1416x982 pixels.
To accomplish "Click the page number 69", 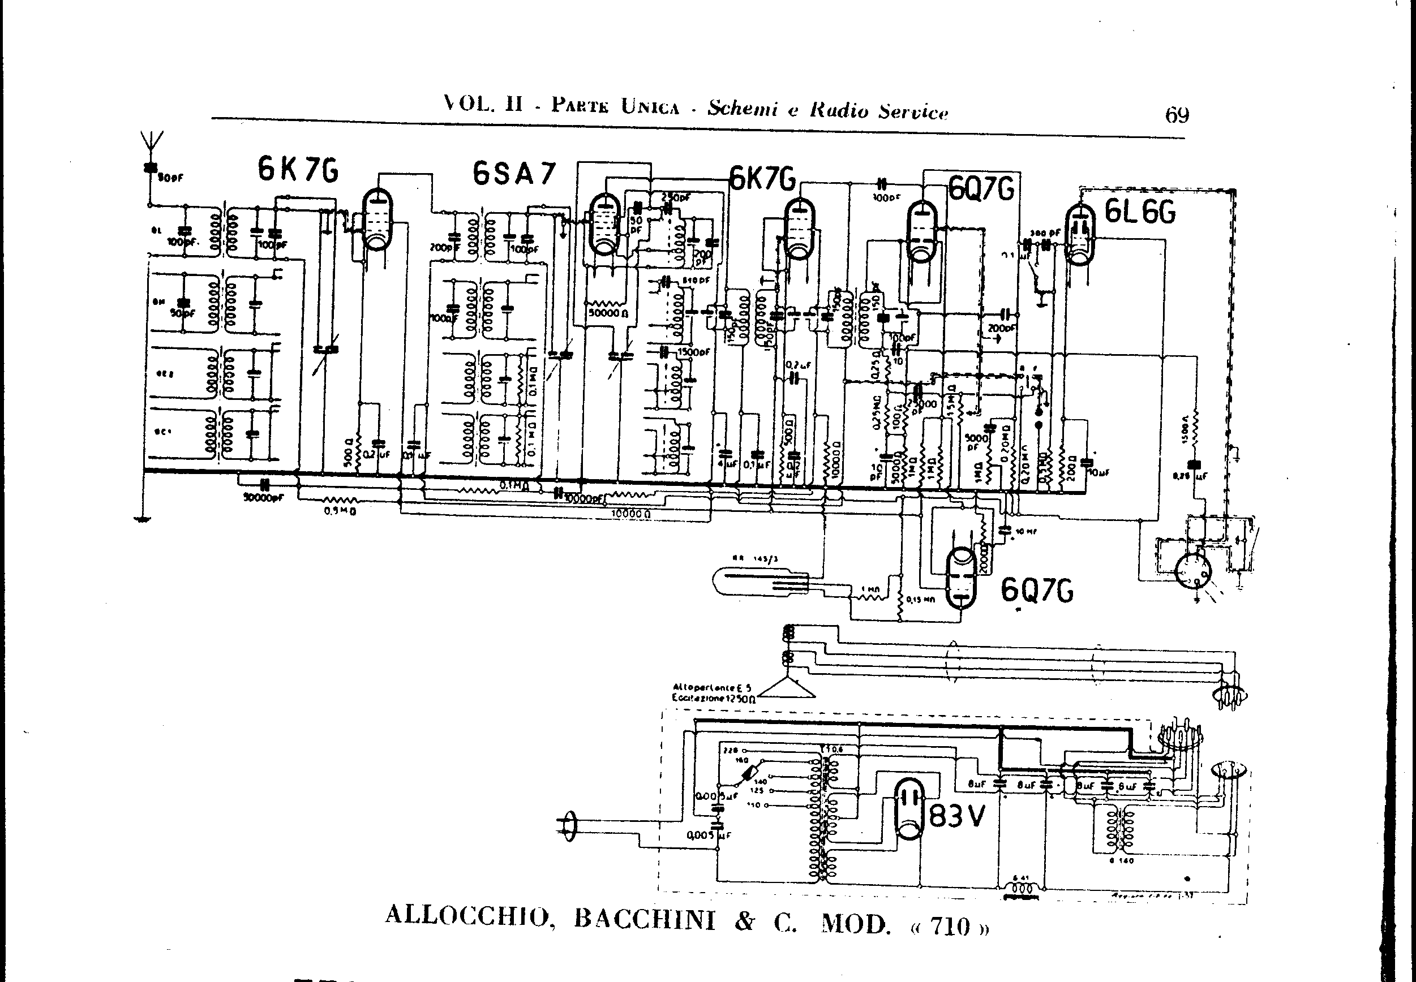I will (x=1177, y=115).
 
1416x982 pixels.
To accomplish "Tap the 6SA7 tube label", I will (x=514, y=174).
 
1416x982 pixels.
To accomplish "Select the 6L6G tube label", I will (x=1140, y=213).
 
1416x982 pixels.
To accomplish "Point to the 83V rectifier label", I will (x=956, y=816).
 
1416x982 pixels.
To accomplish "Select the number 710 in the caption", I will (x=951, y=926).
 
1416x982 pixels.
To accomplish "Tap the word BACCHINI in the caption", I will (x=645, y=919).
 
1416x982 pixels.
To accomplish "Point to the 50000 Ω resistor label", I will (x=608, y=313).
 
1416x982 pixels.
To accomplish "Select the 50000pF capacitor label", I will (x=263, y=498).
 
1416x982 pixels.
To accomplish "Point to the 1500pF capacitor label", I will (x=694, y=352).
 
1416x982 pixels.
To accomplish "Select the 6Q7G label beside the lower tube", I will (x=1037, y=591).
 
